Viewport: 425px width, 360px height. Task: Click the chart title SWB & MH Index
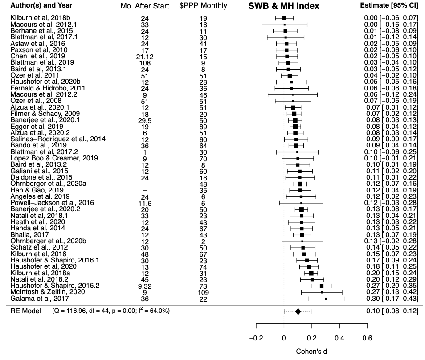pyautogui.click(x=285, y=6)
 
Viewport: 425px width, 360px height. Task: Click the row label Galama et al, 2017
pyautogui.click(x=37, y=298)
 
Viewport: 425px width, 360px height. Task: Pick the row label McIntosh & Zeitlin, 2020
pyautogui.click(x=45, y=292)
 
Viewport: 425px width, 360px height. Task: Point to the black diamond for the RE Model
pyautogui.click(x=298, y=311)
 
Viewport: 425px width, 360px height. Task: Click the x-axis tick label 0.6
pyautogui.click(x=367, y=338)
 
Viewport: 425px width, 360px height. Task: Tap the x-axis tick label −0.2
pyautogui.click(x=256, y=338)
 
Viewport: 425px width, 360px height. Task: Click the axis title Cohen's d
pyautogui.click(x=311, y=352)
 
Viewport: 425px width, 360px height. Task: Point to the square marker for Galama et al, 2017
pyautogui.click(x=326, y=299)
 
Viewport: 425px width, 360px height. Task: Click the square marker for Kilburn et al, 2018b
pyautogui.click(x=284, y=18)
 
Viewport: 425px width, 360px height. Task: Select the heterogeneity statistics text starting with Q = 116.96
pyautogui.click(x=110, y=311)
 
